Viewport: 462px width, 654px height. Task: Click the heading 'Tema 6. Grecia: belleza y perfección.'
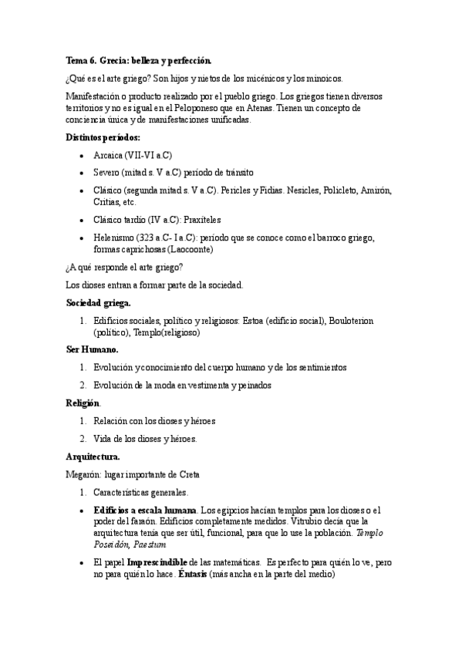coord(139,60)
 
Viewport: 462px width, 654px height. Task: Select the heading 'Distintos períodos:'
coord(102,137)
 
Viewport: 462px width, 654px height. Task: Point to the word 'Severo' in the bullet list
coord(106,172)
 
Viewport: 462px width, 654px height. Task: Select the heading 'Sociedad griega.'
coord(99,302)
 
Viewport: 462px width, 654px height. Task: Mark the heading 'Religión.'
coord(83,403)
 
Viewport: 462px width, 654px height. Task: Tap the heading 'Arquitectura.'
coord(93,457)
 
